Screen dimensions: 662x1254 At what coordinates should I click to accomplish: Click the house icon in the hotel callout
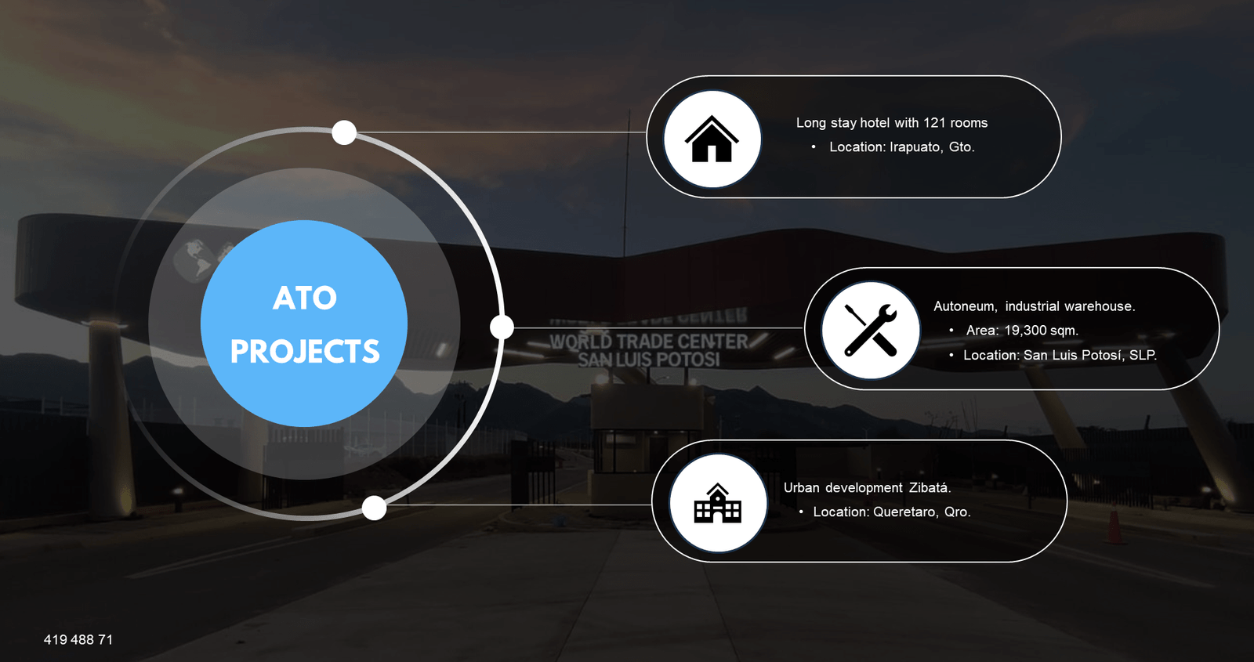(x=712, y=139)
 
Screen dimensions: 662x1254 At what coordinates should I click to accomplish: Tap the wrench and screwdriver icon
(x=870, y=330)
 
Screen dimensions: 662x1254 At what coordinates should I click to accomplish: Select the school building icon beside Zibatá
(x=717, y=503)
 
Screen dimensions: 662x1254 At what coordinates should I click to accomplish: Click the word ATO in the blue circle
(x=305, y=298)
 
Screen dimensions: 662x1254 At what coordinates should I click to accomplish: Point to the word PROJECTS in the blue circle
(x=305, y=352)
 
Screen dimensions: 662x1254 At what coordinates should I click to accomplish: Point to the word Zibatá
(x=930, y=487)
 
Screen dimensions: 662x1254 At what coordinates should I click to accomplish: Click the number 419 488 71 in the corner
(x=78, y=640)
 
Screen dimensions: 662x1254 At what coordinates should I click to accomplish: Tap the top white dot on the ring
(x=344, y=132)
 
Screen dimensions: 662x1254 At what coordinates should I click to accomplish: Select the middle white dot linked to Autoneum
(x=502, y=327)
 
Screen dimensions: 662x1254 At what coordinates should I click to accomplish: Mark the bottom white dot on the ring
(x=375, y=508)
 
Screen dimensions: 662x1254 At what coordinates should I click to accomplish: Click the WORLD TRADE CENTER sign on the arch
(x=649, y=342)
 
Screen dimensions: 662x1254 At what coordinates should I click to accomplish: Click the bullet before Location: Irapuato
(x=814, y=147)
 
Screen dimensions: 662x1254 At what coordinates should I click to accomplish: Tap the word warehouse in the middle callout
(x=1100, y=306)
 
